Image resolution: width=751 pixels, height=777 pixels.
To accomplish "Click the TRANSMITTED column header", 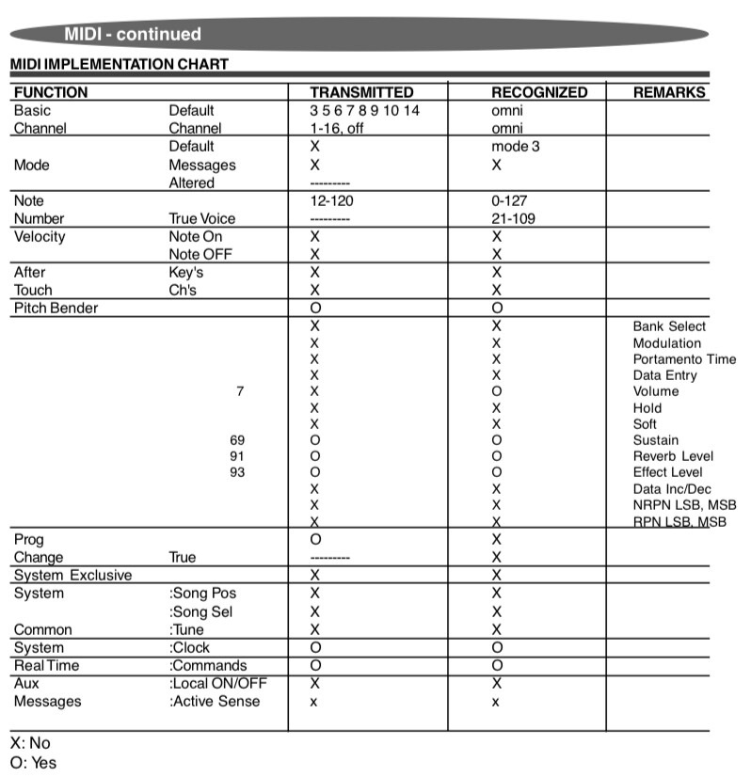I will (361, 92).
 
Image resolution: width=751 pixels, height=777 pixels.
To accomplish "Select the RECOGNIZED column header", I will (539, 92).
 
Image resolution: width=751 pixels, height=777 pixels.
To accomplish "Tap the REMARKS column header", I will (669, 92).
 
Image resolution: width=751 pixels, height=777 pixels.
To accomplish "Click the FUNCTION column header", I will (51, 92).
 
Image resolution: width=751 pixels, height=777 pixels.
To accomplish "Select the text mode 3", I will (516, 146).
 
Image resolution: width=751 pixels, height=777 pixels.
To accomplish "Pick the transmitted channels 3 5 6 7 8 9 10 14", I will (365, 110).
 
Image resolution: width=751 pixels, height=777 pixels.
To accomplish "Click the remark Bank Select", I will (669, 326).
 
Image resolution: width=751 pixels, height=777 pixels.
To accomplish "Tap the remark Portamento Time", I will (684, 359).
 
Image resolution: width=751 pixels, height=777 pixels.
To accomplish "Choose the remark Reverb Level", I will (673, 456).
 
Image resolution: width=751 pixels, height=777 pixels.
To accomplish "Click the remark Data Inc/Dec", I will (672, 489).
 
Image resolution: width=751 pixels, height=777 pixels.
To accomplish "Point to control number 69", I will (237, 440).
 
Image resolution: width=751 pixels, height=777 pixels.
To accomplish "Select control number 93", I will (237, 472).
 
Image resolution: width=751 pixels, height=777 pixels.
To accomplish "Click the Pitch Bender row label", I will (56, 308).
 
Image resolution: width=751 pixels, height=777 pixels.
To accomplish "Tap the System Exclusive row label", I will (72, 575).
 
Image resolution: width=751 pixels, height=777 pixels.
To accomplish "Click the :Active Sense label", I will (215, 701).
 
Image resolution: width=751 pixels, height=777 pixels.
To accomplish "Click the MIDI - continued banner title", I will (133, 34).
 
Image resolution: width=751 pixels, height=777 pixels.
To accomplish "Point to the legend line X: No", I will (30, 743).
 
